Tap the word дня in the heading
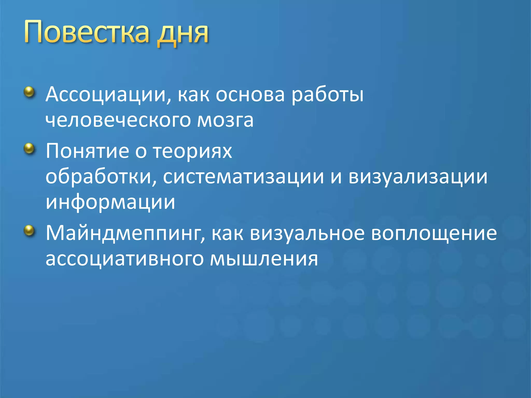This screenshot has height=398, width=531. coord(183,34)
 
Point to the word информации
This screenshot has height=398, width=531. coord(110,202)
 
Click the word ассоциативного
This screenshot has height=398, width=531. coord(125,259)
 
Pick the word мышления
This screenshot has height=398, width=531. coord(264,259)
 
